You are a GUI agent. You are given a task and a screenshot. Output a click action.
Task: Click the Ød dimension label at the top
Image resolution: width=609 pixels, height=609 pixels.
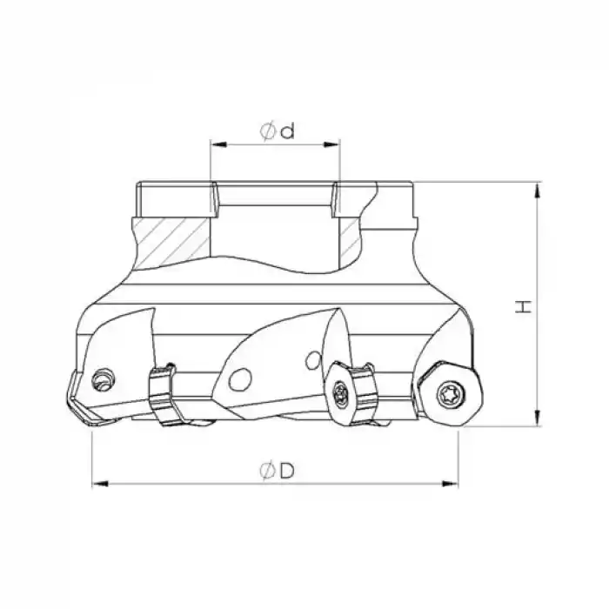278,130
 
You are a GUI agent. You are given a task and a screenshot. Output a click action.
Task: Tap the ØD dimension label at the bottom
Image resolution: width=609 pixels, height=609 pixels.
278,471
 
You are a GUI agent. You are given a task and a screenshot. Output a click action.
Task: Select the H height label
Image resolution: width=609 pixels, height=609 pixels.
524,306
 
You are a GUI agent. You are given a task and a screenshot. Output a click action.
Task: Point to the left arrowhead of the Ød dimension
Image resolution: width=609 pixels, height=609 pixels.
218,145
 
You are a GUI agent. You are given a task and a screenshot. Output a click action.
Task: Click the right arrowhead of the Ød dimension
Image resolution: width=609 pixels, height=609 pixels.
332,145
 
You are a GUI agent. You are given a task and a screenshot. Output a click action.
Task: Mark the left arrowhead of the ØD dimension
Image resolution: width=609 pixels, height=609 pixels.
100,484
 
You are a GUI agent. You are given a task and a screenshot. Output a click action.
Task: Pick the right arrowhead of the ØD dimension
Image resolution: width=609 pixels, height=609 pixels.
451,484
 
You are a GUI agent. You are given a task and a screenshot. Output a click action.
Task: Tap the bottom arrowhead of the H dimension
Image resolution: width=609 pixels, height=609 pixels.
538,418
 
